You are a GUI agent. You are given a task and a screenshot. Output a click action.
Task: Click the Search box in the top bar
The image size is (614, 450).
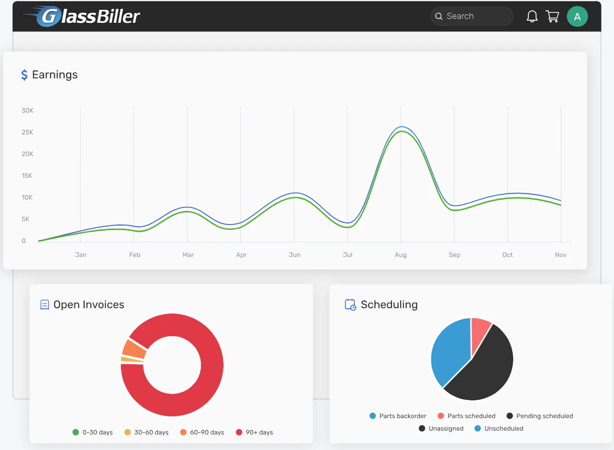pos(471,16)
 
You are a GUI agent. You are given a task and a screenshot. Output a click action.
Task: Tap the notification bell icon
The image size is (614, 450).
pos(532,17)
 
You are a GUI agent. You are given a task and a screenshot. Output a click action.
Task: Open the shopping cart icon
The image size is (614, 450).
pos(552,17)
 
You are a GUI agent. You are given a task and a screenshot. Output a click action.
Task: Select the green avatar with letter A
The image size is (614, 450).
pos(577,17)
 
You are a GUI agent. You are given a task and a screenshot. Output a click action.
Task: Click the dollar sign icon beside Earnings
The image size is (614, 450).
pos(24,75)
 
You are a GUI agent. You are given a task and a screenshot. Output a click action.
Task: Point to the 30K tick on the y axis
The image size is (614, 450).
pos(27,111)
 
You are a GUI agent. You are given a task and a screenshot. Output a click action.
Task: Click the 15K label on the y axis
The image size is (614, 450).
pos(27,176)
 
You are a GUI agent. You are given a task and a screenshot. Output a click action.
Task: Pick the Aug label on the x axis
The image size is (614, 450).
pos(401,255)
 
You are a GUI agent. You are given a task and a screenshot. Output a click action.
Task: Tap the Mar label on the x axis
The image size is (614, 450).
pos(188,255)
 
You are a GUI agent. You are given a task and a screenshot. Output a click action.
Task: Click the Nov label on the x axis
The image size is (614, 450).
pos(561,255)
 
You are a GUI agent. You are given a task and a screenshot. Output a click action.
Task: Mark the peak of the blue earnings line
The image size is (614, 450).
pos(401,127)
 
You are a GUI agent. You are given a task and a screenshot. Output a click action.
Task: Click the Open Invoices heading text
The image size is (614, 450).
pos(89,305)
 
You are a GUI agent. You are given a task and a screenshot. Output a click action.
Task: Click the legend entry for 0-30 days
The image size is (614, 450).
pos(93,432)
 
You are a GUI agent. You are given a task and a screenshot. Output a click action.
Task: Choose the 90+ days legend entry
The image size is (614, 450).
pos(255,432)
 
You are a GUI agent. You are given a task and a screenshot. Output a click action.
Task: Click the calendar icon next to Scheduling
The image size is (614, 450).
pos(350,305)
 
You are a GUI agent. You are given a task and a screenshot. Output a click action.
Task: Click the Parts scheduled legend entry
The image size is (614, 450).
pos(466,416)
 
